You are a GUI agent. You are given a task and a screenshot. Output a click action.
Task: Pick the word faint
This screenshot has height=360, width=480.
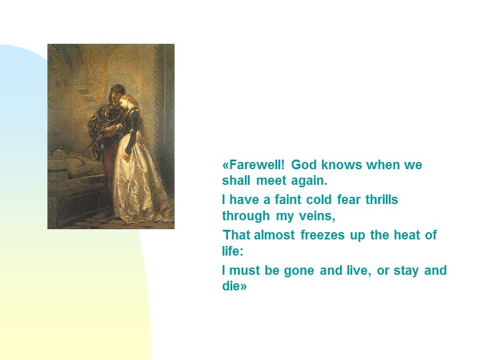point(284,199)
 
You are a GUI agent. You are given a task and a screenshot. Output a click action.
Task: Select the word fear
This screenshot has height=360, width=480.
point(350,199)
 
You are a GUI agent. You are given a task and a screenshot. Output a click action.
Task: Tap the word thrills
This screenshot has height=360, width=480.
point(382,199)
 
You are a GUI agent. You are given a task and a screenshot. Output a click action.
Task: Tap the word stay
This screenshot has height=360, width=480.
point(407,270)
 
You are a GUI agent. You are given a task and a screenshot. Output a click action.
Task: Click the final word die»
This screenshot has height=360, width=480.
point(235,286)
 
